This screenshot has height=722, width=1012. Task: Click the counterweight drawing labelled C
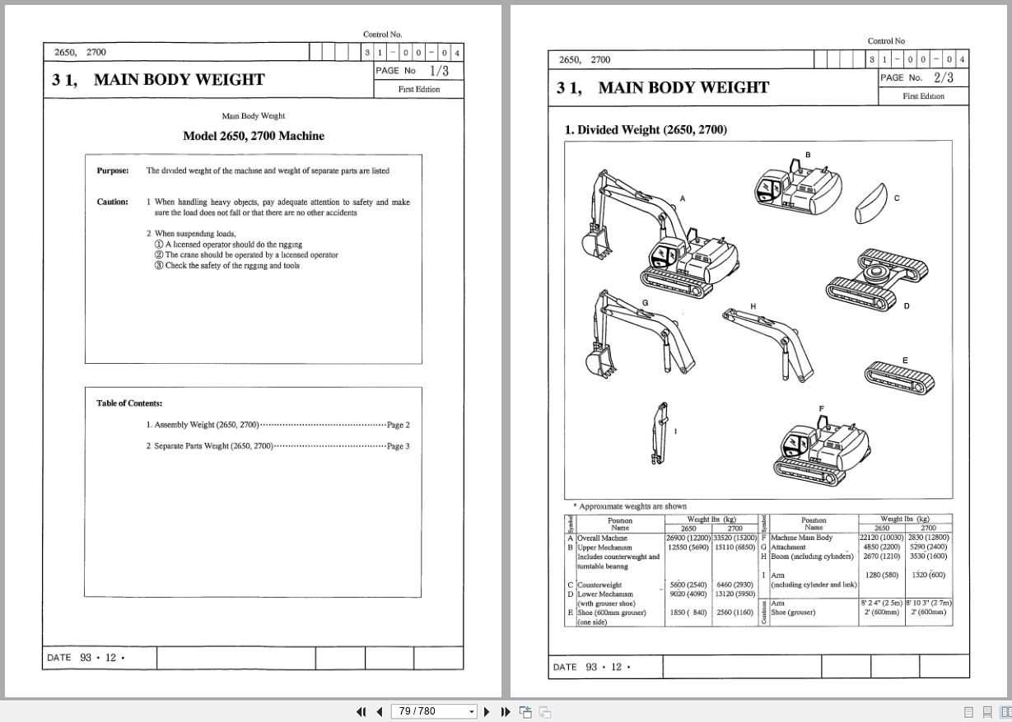coord(871,204)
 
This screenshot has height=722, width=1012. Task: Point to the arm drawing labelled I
coord(659,433)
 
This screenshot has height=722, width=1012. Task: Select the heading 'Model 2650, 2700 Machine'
coord(254,136)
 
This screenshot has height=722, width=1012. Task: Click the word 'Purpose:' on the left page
coord(113,171)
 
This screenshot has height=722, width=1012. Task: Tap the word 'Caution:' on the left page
coord(113,202)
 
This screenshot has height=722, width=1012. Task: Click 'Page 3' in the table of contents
coord(398,446)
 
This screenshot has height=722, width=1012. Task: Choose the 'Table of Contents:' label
coord(129,403)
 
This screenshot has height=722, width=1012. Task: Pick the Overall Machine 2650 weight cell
coord(688,538)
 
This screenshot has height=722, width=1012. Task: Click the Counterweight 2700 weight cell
coord(735,585)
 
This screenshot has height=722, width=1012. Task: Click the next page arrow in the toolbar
coord(487,711)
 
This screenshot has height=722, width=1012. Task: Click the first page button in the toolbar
coord(361,711)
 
